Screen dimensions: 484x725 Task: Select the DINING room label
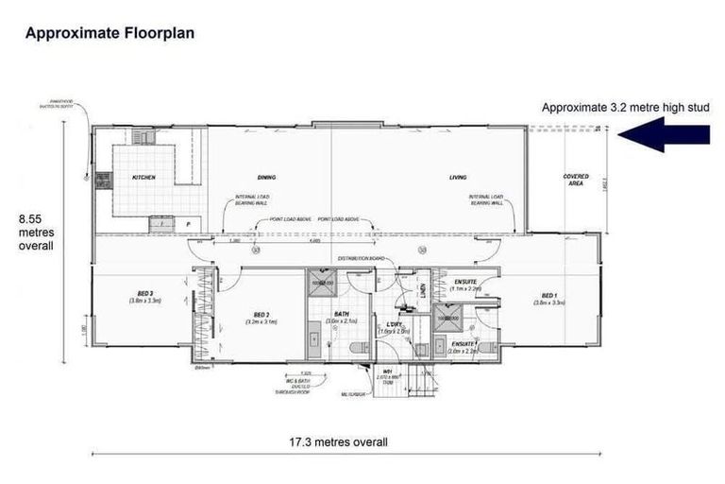(x=266, y=178)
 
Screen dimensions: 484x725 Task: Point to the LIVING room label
(x=458, y=178)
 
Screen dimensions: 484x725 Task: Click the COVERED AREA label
(x=576, y=180)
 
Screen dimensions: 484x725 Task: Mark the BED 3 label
(x=144, y=296)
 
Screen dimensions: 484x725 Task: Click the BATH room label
(x=337, y=318)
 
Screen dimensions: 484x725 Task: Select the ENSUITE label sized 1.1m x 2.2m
(x=464, y=285)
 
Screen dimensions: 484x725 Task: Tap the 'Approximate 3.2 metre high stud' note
(x=625, y=108)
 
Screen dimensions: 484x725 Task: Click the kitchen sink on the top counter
(x=143, y=137)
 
